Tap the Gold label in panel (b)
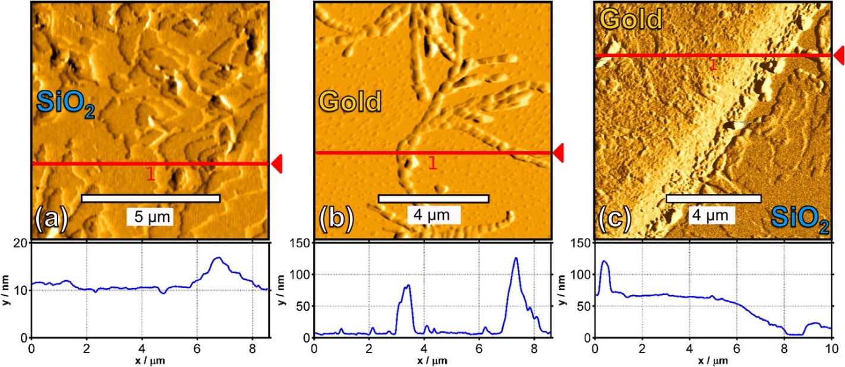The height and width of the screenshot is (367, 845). tap(350, 102)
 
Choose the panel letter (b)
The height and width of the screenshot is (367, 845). tap(336, 219)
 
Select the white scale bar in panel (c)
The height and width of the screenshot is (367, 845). tap(713, 199)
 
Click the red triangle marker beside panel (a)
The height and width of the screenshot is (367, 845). tap(276, 164)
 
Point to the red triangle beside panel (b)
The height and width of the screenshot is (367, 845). tap(558, 153)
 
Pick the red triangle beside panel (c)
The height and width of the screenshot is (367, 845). tap(838, 55)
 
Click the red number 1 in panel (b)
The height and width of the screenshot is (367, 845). tap(433, 163)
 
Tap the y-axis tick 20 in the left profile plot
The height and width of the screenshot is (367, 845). tap(20, 243)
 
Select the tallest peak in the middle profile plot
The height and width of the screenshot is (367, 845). tap(515, 258)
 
